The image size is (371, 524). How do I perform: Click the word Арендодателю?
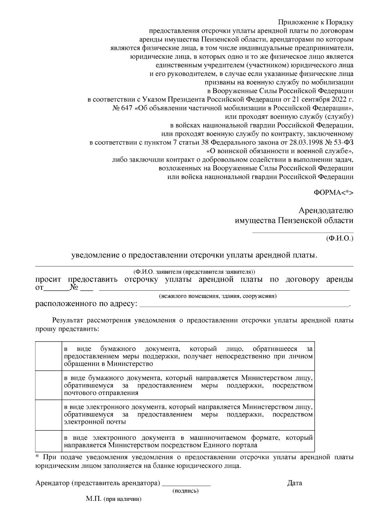tap(326, 211)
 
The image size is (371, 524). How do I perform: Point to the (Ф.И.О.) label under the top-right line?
tap(339, 239)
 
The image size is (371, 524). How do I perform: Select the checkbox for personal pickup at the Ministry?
tap(49, 356)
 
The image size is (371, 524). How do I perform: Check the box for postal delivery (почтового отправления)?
tap(49, 385)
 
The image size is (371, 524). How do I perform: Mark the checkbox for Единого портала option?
tap(49, 441)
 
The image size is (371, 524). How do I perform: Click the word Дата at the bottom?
tap(294, 483)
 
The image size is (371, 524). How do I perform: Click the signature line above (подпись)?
tap(186, 485)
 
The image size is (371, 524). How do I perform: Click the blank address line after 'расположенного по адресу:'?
tap(244, 305)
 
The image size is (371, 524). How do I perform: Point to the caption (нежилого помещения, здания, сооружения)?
tap(217, 296)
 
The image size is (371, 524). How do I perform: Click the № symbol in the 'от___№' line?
tap(74, 288)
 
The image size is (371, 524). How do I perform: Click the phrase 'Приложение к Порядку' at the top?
tap(315, 22)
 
